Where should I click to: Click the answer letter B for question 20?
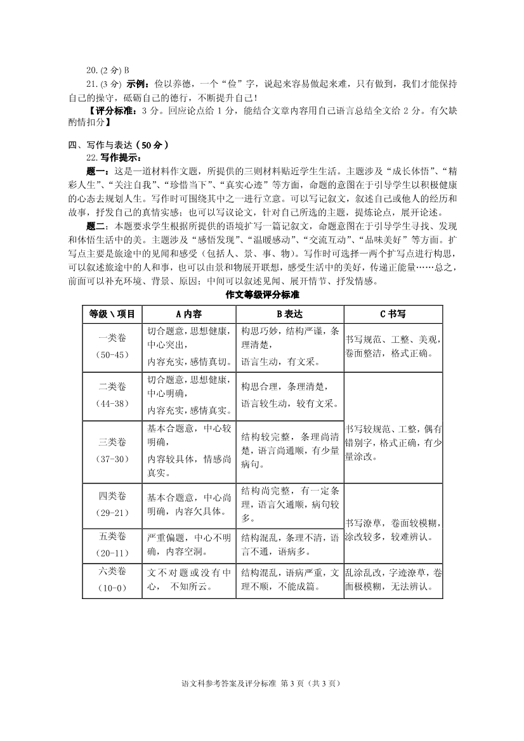tap(126, 70)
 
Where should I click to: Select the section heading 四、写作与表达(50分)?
tap(118, 145)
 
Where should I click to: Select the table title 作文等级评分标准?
tap(262, 295)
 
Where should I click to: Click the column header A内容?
tap(188, 314)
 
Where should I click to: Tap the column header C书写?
tap(393, 314)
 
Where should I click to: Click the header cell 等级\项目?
tap(112, 314)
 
